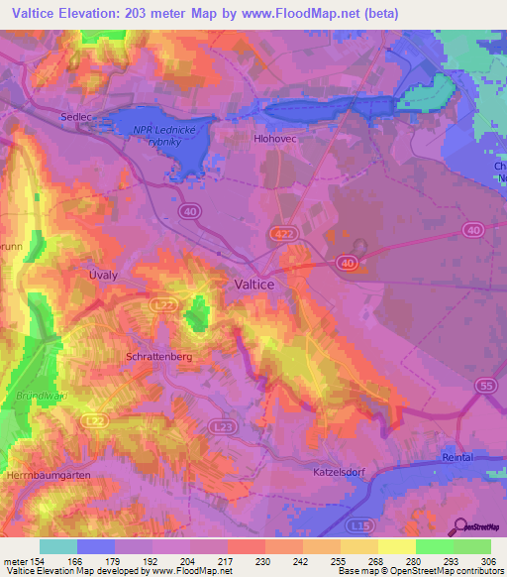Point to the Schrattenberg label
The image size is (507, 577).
pyautogui.click(x=157, y=354)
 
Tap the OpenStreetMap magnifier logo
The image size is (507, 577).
pyautogui.click(x=459, y=526)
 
